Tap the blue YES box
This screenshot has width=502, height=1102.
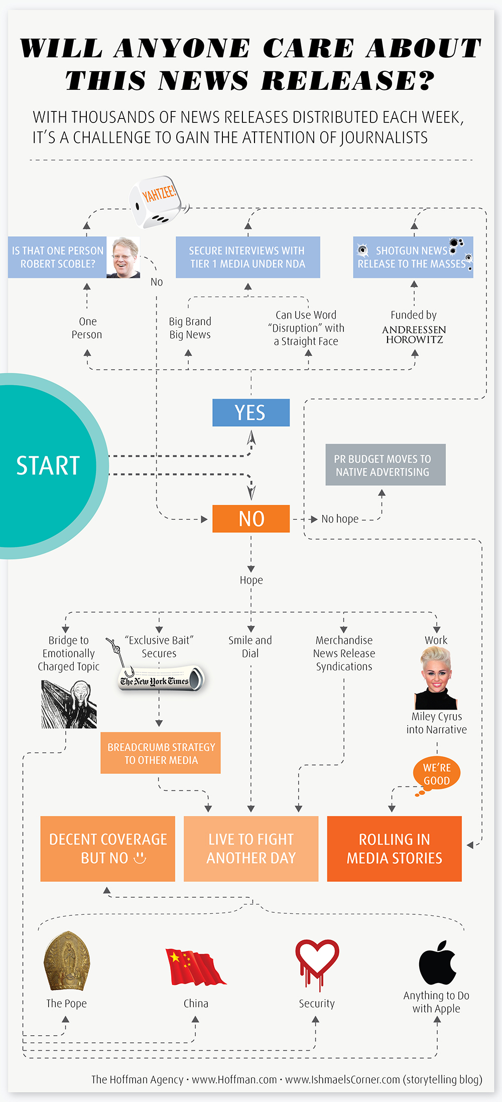tap(251, 412)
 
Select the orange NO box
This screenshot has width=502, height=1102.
tap(251, 518)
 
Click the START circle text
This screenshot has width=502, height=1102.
tap(48, 466)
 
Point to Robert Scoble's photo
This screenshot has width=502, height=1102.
tap(123, 257)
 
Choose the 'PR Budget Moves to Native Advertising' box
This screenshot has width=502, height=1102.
tap(385, 465)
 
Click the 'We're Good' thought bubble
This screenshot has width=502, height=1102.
tap(436, 774)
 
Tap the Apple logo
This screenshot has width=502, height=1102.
tap(437, 963)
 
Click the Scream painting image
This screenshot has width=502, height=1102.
tap(69, 705)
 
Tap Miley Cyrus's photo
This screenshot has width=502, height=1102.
tap(436, 678)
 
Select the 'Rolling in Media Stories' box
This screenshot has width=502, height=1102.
tap(394, 849)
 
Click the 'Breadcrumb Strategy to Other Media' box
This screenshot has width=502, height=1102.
tap(161, 753)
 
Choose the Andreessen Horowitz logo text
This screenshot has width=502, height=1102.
tap(414, 334)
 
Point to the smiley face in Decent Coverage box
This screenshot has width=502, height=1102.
tap(140, 858)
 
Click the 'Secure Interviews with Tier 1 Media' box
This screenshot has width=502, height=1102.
tap(247, 257)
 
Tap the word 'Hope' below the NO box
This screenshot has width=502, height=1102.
tap(251, 580)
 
